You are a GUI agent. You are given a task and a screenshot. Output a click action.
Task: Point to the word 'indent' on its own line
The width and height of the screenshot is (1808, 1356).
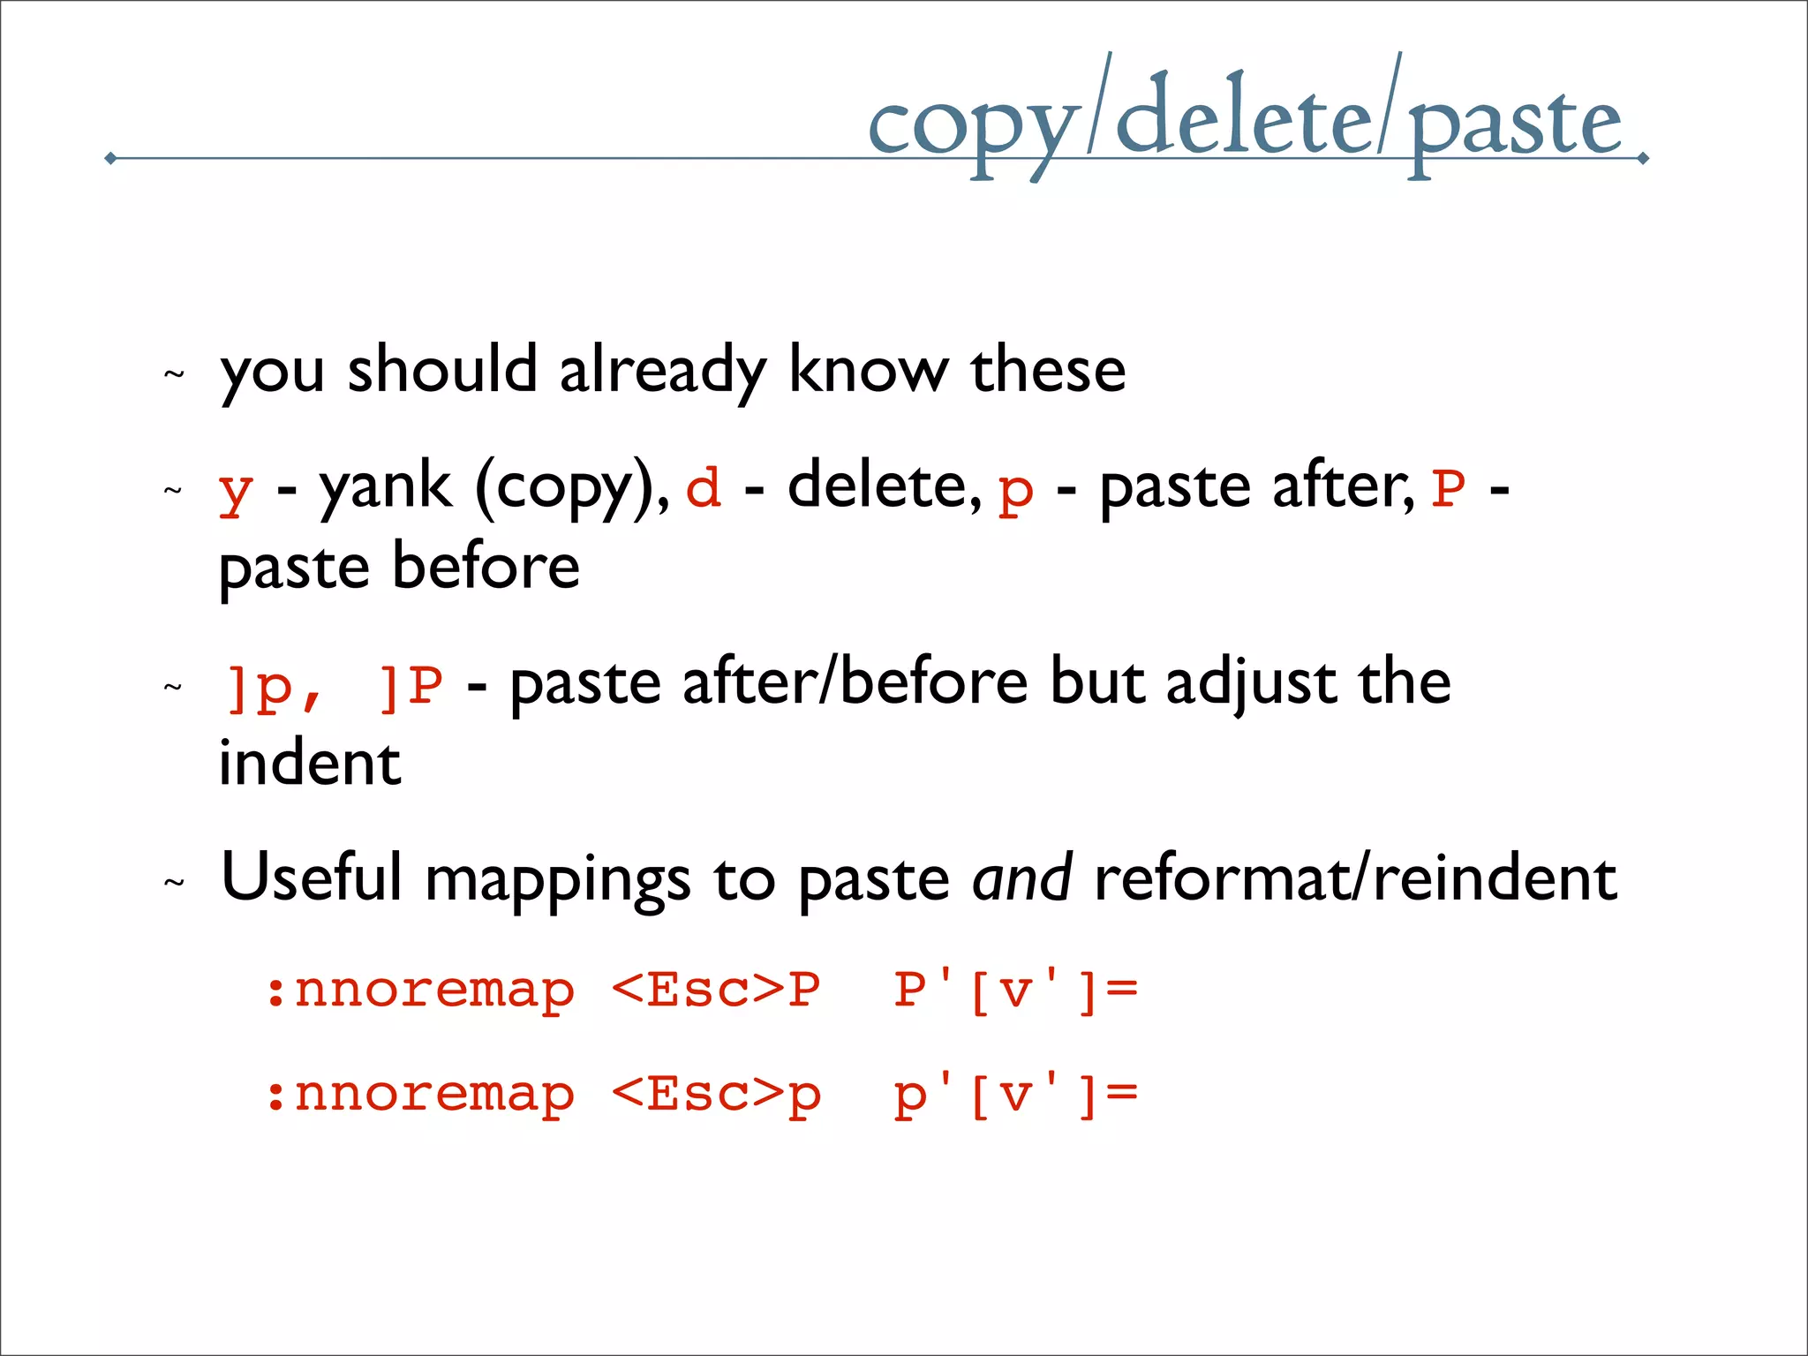click(x=310, y=763)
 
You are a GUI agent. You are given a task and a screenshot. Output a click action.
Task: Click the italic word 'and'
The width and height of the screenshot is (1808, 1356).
click(x=1021, y=878)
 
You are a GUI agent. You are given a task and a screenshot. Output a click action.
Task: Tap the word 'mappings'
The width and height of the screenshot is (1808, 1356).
click(x=558, y=880)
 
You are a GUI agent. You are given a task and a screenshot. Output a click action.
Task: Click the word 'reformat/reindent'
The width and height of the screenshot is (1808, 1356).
click(x=1355, y=878)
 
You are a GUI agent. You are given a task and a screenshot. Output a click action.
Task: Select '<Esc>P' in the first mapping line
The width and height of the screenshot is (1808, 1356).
click(x=716, y=990)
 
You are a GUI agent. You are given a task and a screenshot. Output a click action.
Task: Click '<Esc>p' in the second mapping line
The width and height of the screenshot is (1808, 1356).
click(x=716, y=1095)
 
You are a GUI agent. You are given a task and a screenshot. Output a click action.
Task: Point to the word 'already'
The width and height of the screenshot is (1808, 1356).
click(x=662, y=371)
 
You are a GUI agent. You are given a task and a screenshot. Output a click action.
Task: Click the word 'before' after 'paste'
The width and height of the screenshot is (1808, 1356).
click(x=486, y=566)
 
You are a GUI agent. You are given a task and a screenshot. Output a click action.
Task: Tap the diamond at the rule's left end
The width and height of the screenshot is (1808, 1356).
click(x=110, y=158)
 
